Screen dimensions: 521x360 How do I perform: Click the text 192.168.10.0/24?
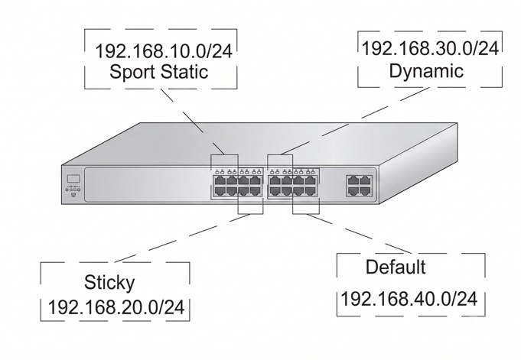coord(164,51)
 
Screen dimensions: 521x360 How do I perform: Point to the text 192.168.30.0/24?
coord(430,48)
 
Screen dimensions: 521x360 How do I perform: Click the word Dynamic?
coord(426,72)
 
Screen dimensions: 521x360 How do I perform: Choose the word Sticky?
coord(109,283)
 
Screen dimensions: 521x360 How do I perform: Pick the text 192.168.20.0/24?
coord(116,307)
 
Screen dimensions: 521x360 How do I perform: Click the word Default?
coord(396,267)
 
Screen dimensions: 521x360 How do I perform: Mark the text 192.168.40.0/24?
coord(409,299)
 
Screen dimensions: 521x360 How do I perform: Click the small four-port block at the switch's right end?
coord(359,185)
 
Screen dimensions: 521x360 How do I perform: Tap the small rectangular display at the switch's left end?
coord(73,178)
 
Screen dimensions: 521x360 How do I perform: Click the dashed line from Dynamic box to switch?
coord(354,121)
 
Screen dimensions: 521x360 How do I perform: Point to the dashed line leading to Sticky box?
coord(182,238)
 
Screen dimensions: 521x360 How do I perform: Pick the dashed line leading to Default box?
coord(359,234)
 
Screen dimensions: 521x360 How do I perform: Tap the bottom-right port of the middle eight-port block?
coord(311,191)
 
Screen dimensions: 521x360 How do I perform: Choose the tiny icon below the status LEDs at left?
coord(73,195)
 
